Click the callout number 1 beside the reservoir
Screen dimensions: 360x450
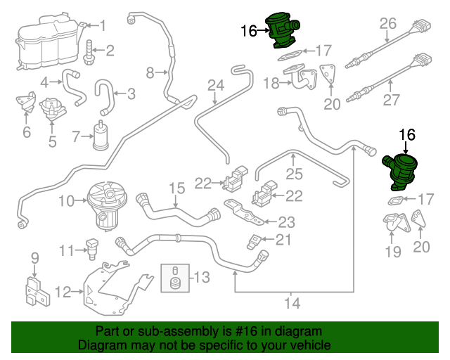102,26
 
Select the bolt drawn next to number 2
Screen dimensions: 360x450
89,50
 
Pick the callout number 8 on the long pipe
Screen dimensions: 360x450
150,72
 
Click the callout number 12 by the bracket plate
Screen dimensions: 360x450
63,291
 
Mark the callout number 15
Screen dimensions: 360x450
176,188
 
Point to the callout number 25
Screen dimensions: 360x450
293,172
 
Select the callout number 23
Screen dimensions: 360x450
286,223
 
